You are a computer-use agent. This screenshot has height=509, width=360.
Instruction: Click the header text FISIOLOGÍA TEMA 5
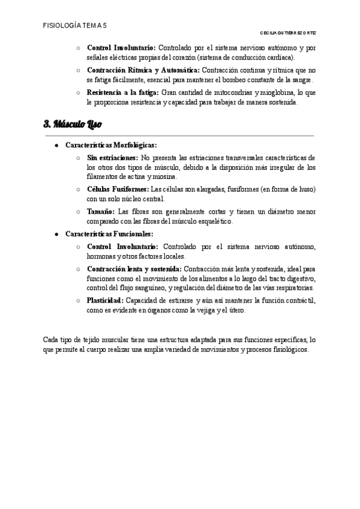tap(75, 26)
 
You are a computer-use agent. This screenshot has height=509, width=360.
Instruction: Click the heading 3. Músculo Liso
tap(73, 125)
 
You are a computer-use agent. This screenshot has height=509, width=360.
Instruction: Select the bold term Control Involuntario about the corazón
tap(121, 47)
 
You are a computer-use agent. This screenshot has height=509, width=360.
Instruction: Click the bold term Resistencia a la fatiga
tap(123, 93)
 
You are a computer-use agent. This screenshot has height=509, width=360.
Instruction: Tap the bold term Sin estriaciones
tap(112, 157)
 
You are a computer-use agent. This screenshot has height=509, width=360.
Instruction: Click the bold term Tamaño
tap(100, 212)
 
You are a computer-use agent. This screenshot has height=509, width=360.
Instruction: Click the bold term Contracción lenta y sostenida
tap(134, 270)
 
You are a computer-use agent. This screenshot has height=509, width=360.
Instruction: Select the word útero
tap(236, 311)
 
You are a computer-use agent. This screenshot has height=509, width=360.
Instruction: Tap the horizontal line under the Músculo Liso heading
tap(180, 136)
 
